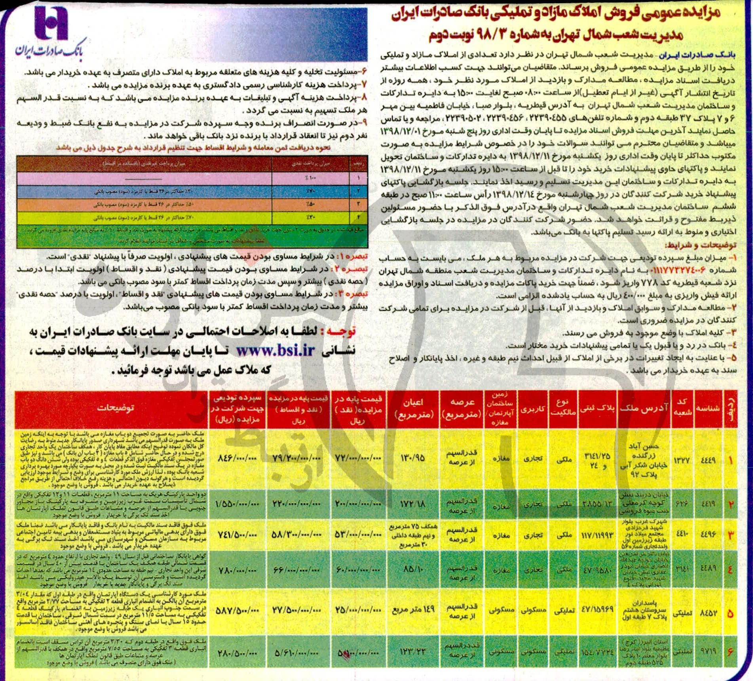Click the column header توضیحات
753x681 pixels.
pos(116,408)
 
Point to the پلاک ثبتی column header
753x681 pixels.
pos(597,408)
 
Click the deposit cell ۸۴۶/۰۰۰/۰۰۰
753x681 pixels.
pos(237,458)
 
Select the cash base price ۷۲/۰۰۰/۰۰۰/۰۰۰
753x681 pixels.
pos(358,458)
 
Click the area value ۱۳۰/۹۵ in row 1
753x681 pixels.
pos(414,458)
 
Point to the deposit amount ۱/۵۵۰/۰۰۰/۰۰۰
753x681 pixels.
pos(237,504)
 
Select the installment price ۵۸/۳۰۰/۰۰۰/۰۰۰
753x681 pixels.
pos(297,535)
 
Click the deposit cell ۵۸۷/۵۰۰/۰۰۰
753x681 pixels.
pos(237,610)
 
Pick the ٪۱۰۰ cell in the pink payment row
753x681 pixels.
pos(310,178)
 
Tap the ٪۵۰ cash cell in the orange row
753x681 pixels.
pos(310,204)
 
